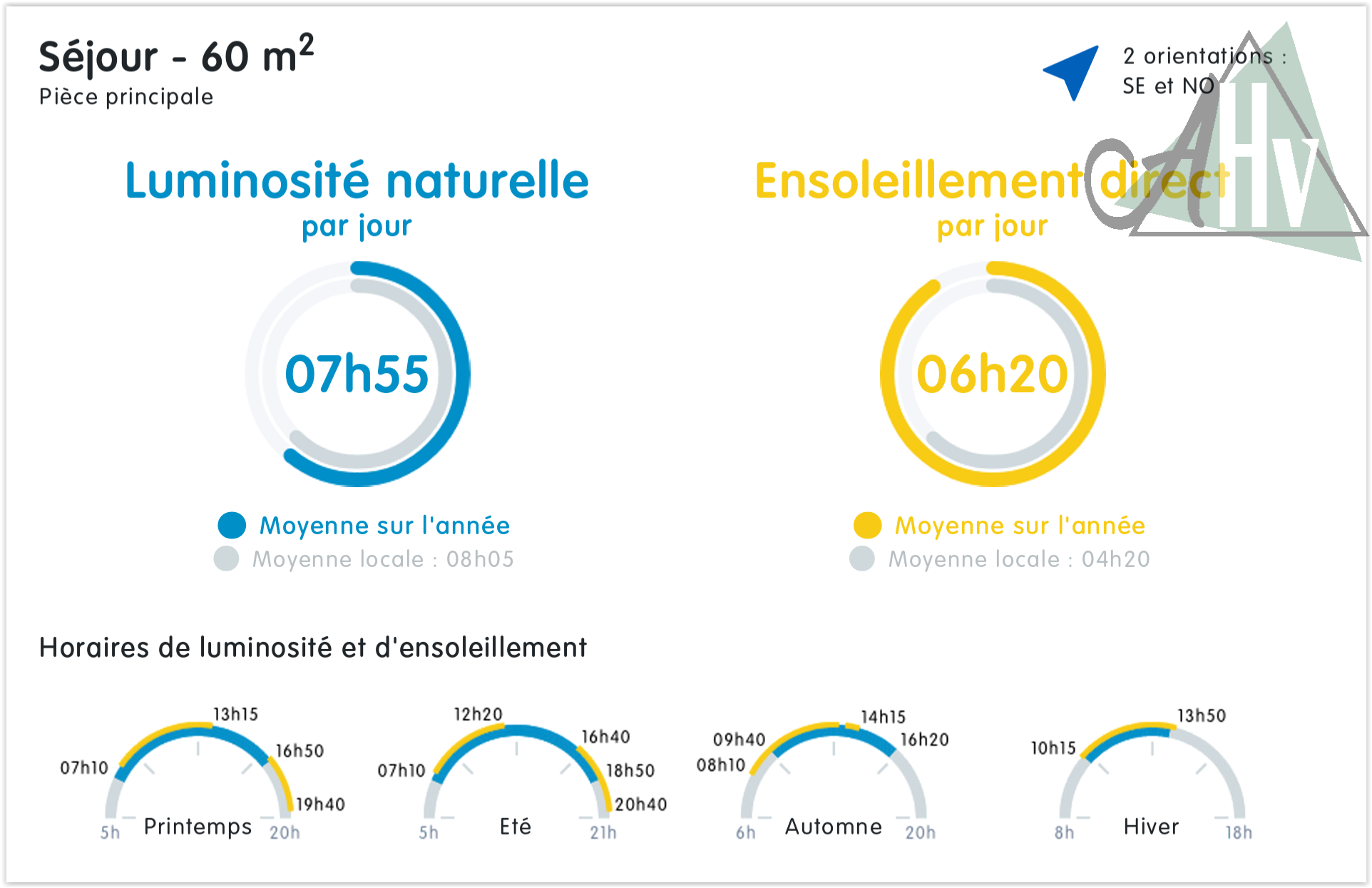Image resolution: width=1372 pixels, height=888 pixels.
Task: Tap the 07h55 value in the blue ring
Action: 357,374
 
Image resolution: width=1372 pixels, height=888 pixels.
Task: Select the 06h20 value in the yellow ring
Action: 992,374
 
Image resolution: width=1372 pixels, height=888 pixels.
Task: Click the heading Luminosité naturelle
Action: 357,180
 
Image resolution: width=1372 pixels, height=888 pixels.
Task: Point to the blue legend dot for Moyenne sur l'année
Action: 232,525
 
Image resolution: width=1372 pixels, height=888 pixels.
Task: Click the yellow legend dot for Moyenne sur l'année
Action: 867,525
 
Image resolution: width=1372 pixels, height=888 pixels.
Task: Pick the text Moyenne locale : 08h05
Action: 383,559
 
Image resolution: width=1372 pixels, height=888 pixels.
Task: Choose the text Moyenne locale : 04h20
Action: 1019,559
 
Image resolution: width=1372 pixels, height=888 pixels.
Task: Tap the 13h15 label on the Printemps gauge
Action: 235,714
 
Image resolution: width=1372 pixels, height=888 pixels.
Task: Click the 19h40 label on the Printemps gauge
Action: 320,805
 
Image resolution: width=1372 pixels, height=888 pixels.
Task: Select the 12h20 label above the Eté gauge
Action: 478,714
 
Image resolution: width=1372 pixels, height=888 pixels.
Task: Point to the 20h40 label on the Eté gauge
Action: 640,805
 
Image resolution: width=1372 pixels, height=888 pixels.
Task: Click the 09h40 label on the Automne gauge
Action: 739,740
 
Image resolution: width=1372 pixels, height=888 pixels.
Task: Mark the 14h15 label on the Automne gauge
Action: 883,717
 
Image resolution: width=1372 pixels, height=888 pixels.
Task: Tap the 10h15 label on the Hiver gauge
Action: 1053,748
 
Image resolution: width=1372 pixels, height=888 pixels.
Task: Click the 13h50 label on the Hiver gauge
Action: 1201,715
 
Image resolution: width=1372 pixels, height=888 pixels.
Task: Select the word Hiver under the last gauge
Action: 1151,827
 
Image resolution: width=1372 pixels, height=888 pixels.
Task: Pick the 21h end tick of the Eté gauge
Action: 603,832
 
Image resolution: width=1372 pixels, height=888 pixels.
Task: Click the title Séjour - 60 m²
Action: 176,56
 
